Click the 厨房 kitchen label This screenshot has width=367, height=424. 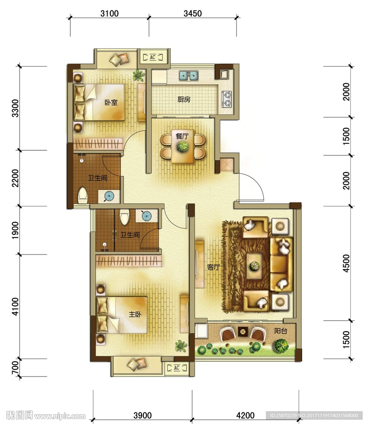click(x=184, y=99)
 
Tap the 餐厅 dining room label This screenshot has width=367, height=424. click(x=182, y=136)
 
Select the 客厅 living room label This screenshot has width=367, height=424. click(x=213, y=267)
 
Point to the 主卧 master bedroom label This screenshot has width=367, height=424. click(x=135, y=314)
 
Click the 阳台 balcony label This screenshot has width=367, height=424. click(x=281, y=331)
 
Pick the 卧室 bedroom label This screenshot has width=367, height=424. click(x=111, y=102)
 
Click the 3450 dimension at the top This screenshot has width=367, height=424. click(x=193, y=13)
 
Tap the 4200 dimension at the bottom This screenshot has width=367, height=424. click(x=245, y=415)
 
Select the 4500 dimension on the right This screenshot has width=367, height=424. click(x=346, y=263)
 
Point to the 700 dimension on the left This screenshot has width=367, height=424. click(x=15, y=368)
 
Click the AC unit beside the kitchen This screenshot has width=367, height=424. click(x=153, y=57)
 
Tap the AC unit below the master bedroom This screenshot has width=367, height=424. click(x=177, y=368)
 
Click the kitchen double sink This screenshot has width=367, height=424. click(x=189, y=76)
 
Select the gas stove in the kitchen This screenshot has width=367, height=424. click(x=227, y=99)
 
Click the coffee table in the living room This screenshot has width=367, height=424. click(x=254, y=266)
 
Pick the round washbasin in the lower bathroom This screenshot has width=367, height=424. click(x=147, y=216)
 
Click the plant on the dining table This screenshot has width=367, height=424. click(x=183, y=146)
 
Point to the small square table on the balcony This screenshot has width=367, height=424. click(x=243, y=331)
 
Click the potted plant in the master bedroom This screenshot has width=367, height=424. click(x=181, y=346)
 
